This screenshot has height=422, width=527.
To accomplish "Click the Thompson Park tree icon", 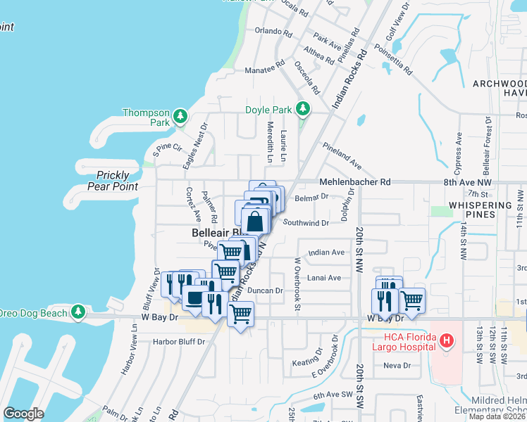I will pos(181,115).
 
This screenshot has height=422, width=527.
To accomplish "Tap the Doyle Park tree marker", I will pos(303,108).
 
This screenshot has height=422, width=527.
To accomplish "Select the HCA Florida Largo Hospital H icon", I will pos(445,342).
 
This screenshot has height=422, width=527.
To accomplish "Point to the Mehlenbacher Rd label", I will pos(354,181).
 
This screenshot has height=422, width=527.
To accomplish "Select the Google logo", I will pos(23,413).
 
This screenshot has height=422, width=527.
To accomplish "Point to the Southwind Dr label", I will pos(306,223).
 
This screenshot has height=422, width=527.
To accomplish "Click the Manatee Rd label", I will pos(244,70).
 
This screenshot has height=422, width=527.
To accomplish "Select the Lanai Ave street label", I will pos(325,278).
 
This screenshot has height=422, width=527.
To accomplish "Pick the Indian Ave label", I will pos(326,252).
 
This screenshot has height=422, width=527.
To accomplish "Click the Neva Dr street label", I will pos(397,365).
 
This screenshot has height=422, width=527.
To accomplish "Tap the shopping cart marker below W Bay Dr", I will pos(240,316).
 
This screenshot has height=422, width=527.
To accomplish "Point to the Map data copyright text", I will pos(497,416).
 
